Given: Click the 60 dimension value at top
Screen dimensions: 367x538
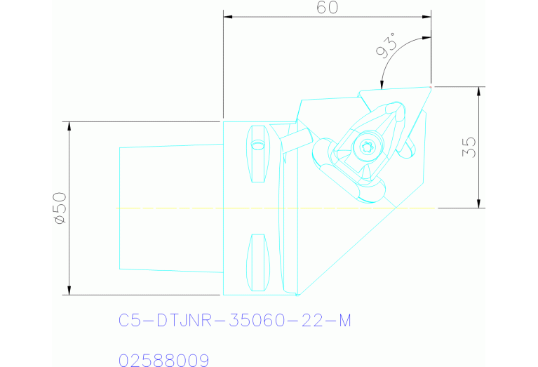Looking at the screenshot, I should click(x=328, y=8).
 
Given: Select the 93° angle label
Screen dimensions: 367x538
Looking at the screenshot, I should click(x=386, y=47).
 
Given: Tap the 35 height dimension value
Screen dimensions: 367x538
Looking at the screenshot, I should click(x=469, y=146).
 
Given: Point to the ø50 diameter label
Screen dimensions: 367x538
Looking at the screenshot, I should click(x=59, y=208).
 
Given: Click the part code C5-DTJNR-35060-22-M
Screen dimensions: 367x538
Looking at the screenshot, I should click(x=234, y=321).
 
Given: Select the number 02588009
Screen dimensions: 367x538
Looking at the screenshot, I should click(x=164, y=360).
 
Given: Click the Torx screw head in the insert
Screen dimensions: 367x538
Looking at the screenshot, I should click(x=364, y=148).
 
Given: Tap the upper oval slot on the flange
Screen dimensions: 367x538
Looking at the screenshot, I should click(x=259, y=153).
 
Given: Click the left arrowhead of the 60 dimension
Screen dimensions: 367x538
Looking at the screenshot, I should click(x=227, y=18).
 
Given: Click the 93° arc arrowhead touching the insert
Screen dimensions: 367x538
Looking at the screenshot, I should click(x=382, y=85).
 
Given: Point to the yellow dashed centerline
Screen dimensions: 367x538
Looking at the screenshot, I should click(x=210, y=208).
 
